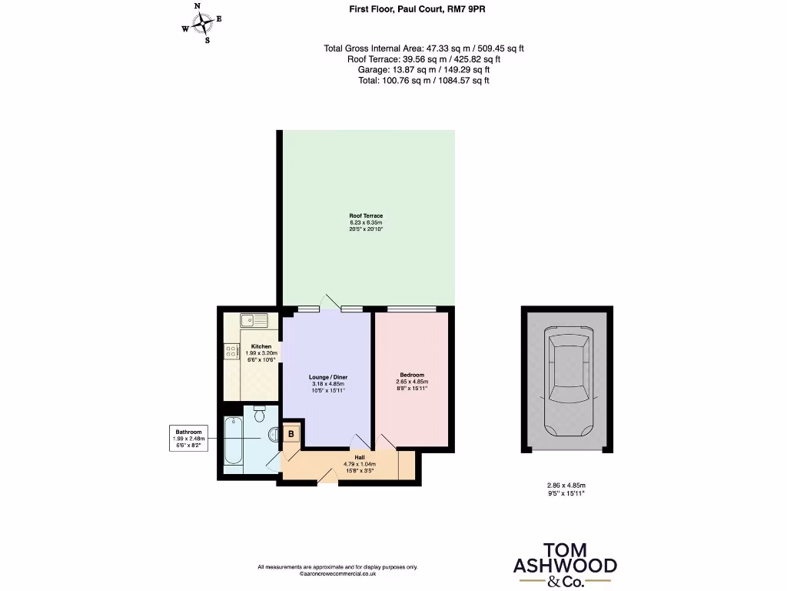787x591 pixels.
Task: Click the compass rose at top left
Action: tap(201, 24)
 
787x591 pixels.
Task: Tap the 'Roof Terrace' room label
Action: tap(366, 215)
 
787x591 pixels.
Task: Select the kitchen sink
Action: tap(253, 320)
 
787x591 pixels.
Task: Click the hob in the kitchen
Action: tap(231, 352)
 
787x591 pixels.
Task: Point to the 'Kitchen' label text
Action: tap(261, 347)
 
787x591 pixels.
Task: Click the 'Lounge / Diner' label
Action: tap(328, 377)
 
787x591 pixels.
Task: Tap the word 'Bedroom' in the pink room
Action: tap(412, 376)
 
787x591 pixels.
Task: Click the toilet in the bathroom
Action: tap(259, 415)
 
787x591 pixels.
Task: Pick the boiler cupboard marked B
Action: tap(292, 433)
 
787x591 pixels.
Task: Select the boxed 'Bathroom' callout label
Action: tap(188, 439)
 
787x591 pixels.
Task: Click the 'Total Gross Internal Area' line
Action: tap(424, 48)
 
